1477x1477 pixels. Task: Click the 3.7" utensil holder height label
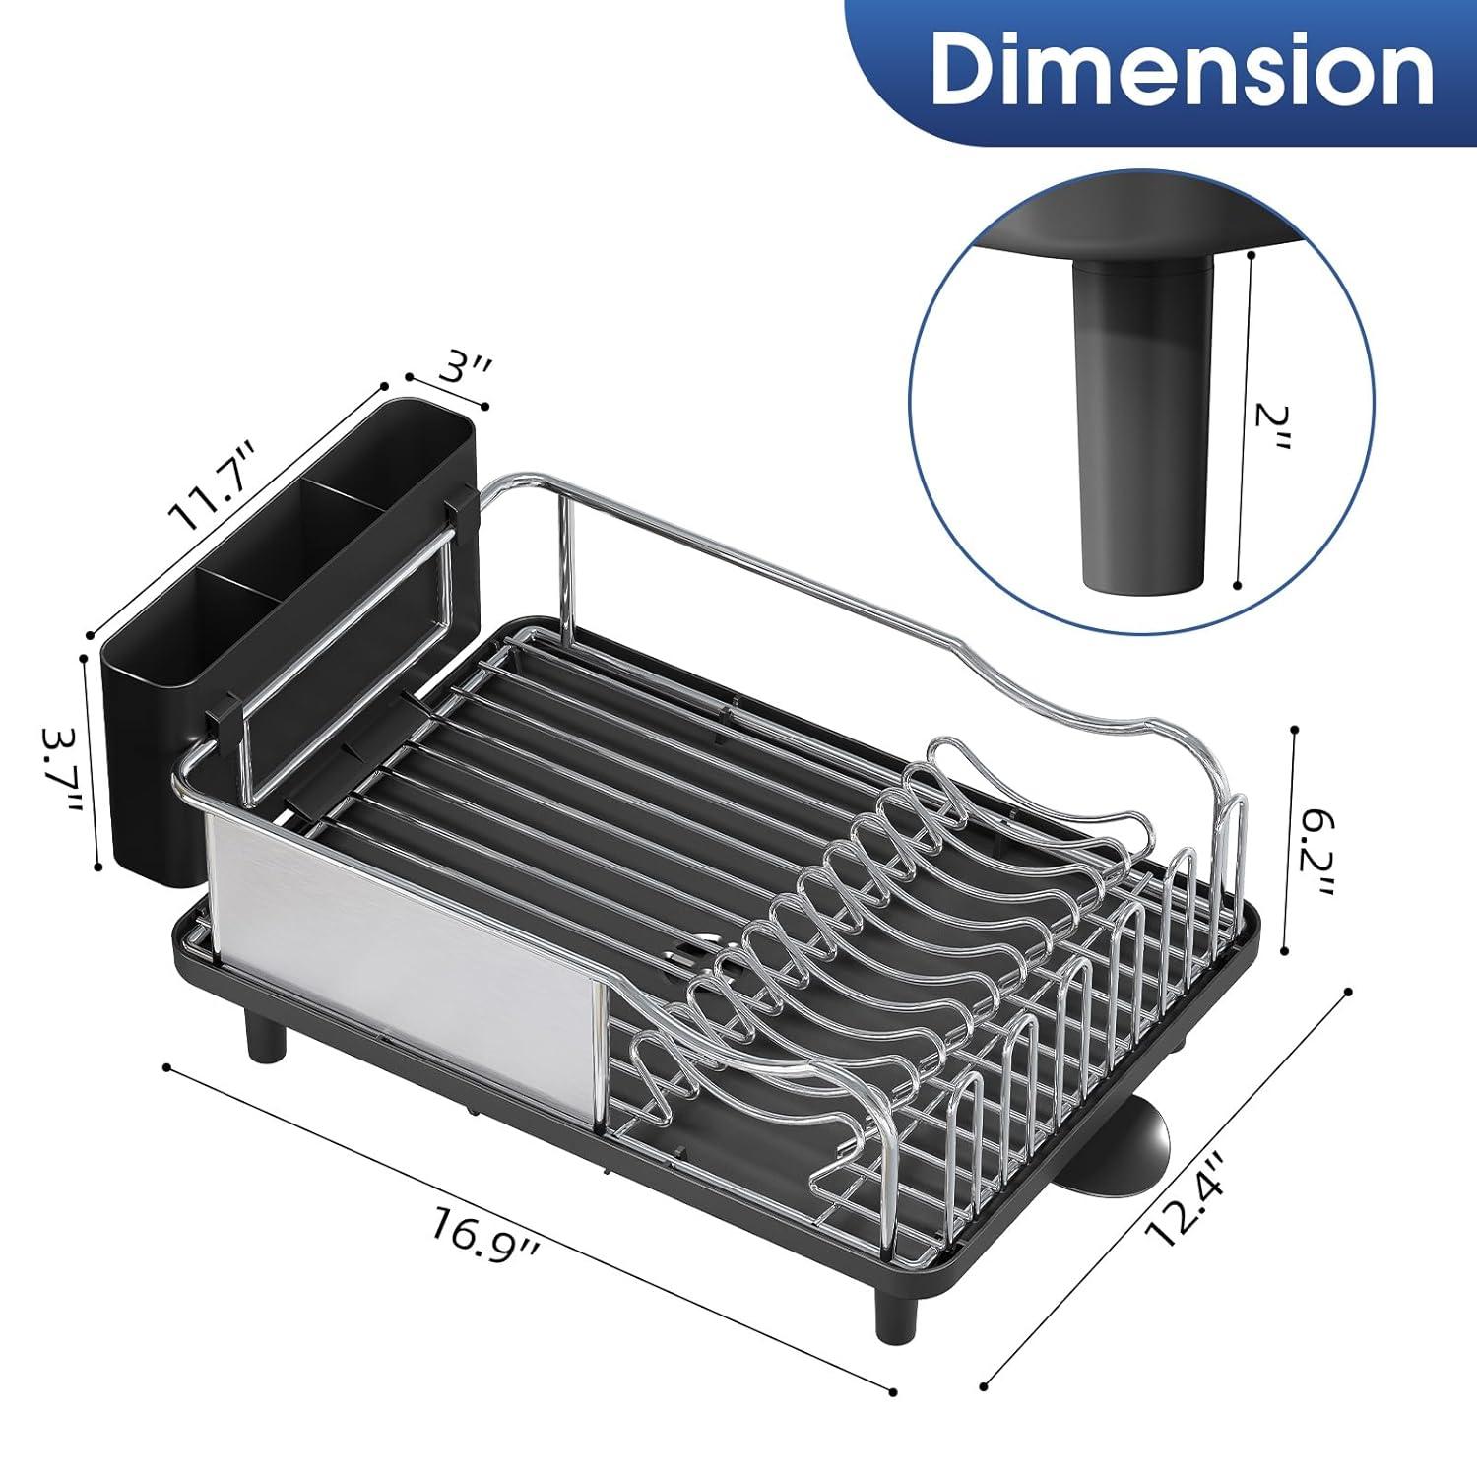pos(61,769)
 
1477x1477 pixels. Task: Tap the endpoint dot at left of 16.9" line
pos(168,1066)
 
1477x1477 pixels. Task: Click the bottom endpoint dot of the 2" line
pos(1237,586)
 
